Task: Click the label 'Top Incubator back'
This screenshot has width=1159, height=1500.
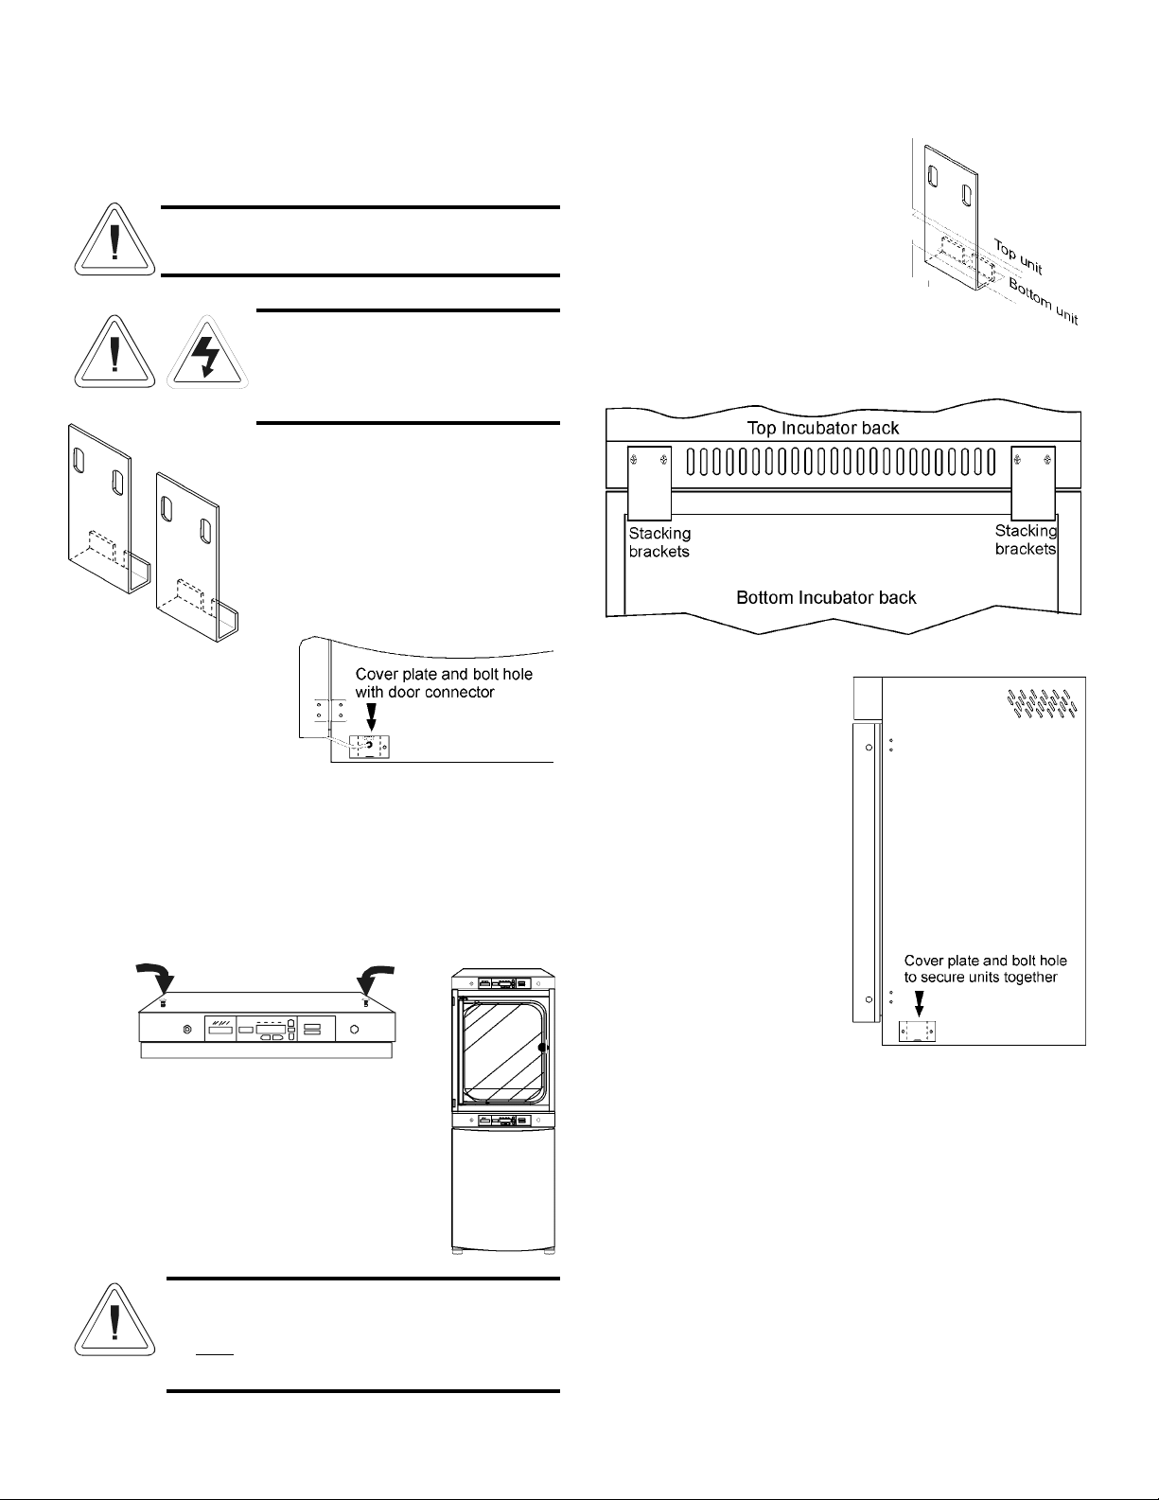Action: (824, 428)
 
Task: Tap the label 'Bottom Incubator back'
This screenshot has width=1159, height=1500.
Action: (826, 597)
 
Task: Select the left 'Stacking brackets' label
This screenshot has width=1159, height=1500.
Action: (659, 542)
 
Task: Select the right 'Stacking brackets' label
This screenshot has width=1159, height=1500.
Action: (1026, 539)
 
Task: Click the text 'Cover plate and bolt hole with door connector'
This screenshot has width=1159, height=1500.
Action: (444, 683)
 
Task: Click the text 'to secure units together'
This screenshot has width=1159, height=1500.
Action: (980, 977)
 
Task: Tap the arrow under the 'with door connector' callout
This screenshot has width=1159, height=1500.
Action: (370, 717)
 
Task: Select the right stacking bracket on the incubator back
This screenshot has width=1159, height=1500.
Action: (1032, 479)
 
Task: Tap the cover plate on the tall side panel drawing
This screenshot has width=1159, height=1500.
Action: (916, 1032)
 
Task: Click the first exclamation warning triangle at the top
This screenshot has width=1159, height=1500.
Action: (114, 241)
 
